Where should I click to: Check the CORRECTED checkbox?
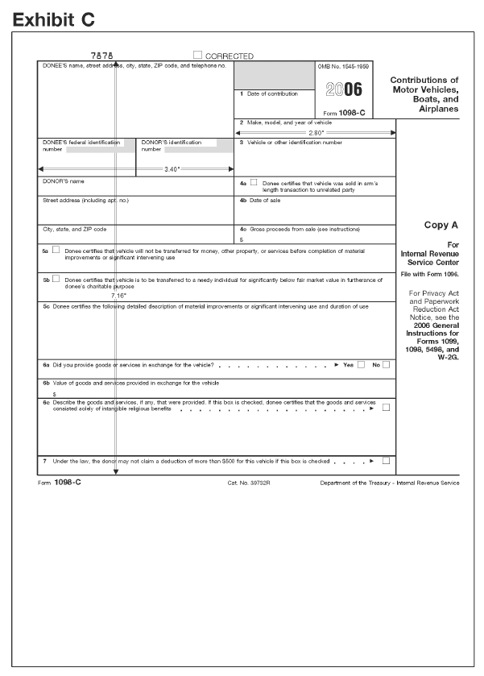(197, 56)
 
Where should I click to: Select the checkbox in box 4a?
(254, 183)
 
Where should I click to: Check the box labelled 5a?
(56, 251)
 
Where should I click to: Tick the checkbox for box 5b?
(56, 280)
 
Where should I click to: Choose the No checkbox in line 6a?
(387, 365)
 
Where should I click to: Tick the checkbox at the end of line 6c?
(387, 408)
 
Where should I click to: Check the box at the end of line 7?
(387, 461)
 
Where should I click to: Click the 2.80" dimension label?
(316, 132)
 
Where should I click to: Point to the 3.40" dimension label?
(172, 169)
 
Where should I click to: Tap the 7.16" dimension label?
(118, 296)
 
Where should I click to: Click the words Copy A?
(441, 226)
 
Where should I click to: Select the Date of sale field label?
(259, 200)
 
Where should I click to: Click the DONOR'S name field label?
(64, 181)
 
